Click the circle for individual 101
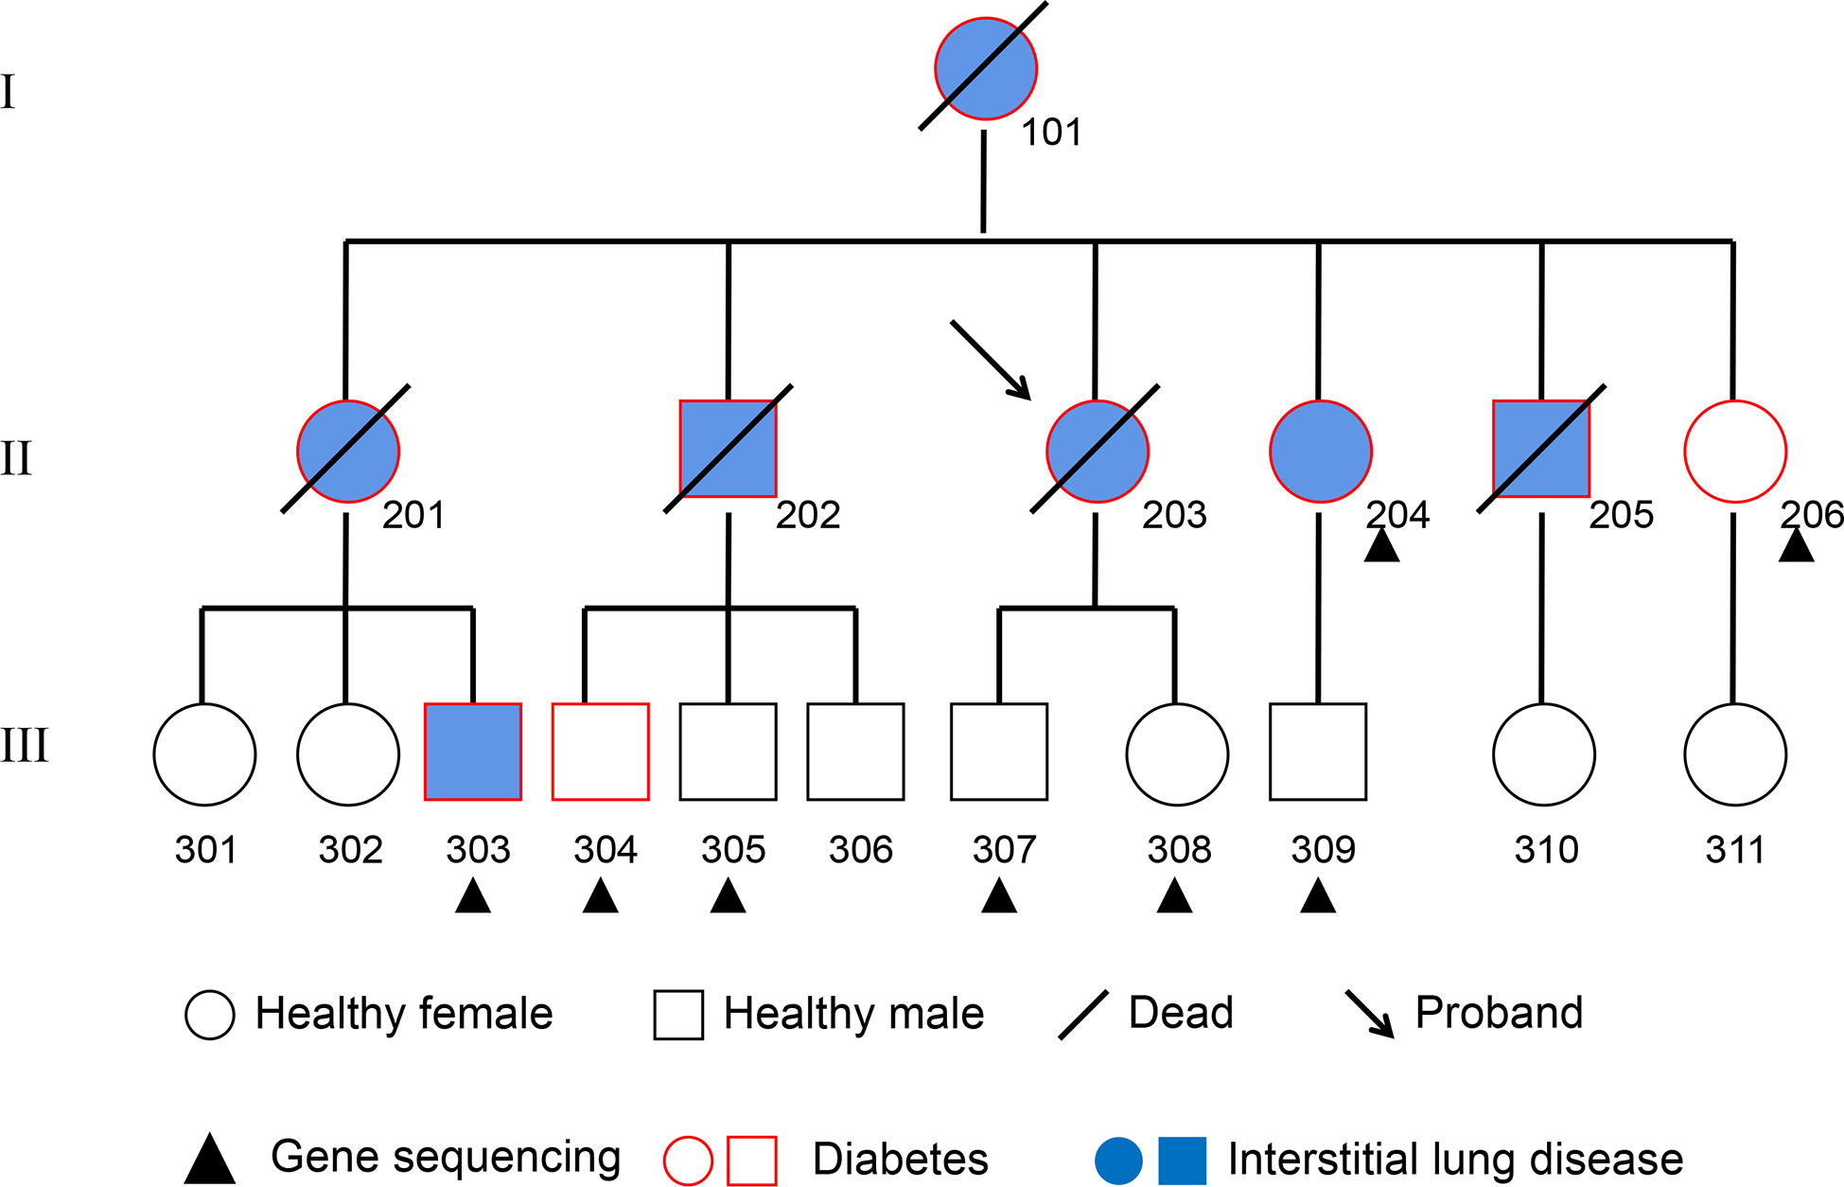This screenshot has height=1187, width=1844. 986,69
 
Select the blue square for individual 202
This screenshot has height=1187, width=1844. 729,449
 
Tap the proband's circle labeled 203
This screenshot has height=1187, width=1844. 1098,452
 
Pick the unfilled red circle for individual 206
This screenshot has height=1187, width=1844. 1735,452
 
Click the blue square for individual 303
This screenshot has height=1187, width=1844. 473,752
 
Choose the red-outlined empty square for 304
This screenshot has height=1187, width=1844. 601,752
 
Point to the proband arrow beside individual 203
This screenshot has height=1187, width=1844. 991,360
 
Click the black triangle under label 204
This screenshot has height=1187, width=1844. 1381,545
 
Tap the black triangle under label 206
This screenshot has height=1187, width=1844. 1797,545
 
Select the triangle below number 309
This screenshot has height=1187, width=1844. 1318,895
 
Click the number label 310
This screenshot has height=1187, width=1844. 1546,849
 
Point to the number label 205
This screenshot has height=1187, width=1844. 1622,514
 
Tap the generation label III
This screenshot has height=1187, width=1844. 25,745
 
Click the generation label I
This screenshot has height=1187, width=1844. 9,92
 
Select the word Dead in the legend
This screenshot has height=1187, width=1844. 1181,1012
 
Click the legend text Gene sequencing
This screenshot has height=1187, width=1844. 446,1157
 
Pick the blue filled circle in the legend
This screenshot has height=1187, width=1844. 1118,1160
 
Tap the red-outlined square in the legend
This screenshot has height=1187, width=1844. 752,1160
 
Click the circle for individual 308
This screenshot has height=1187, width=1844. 1177,754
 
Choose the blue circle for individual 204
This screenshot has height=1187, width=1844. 1321,452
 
